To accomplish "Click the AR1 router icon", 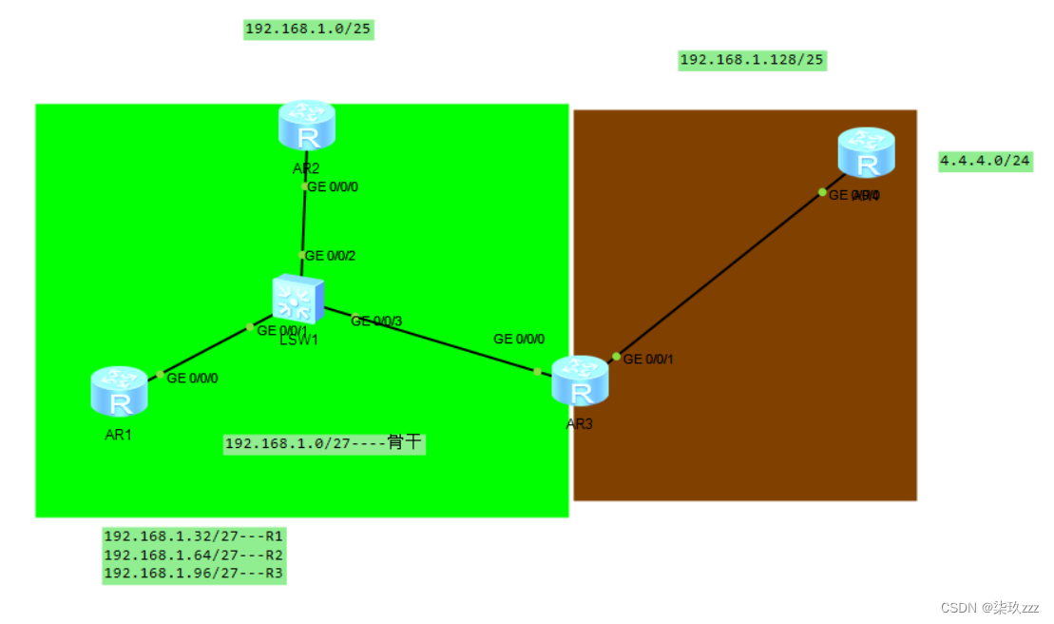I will [x=120, y=392].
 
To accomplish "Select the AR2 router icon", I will [x=307, y=126].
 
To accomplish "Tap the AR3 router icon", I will [x=579, y=380].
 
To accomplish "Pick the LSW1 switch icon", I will [x=297, y=299].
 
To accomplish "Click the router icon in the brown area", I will [x=866, y=152].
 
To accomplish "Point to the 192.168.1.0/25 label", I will [x=308, y=29].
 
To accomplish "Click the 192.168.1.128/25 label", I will [x=752, y=61].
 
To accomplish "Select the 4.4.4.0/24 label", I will [x=985, y=161].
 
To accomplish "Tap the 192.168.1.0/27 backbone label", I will [x=323, y=443].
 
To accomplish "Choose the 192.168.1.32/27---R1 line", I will [x=194, y=536].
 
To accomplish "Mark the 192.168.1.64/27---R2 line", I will [x=194, y=555].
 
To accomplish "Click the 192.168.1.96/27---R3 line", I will [x=194, y=574].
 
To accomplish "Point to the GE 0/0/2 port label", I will [x=330, y=256].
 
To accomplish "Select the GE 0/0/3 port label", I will [x=376, y=322].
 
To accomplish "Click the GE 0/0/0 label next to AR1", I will [x=192, y=378].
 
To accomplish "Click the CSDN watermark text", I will [x=989, y=607].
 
